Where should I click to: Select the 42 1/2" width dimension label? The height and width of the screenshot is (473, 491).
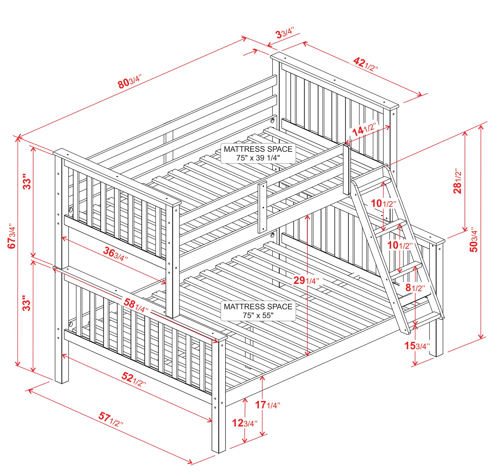coord(366,64)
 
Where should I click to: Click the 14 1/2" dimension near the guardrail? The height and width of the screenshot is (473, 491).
coord(364,129)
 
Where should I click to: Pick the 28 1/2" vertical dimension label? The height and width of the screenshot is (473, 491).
coord(457,181)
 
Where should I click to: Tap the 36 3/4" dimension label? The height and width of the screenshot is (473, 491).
coord(115,254)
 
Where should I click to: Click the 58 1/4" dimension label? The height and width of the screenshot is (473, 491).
coord(136,305)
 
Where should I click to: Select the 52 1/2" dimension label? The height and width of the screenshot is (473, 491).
coord(134,379)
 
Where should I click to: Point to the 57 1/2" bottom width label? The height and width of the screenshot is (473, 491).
coord(111,419)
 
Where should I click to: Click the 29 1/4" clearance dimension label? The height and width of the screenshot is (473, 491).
coord(306,280)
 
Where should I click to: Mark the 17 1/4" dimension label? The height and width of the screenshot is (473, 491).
coord(268,405)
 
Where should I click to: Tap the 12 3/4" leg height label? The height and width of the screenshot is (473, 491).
coord(244,423)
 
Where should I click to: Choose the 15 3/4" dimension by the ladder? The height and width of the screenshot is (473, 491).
coord(417,346)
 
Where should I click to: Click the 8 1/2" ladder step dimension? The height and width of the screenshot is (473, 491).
coord(415,287)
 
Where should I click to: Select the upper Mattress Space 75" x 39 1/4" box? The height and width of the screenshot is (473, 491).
coord(258,153)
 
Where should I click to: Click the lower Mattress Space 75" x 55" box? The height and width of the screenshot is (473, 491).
coord(258,311)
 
